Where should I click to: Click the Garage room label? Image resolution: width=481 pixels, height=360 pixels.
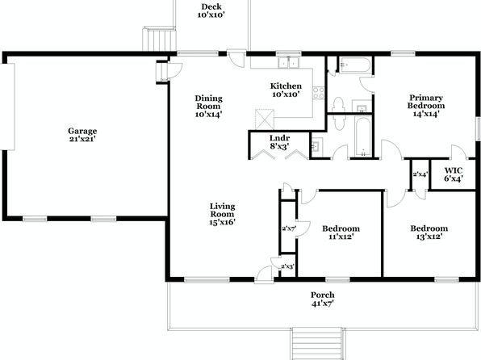(x=82, y=135)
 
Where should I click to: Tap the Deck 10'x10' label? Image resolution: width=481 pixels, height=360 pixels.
(x=211, y=10)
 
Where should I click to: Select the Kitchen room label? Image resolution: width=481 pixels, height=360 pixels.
(x=286, y=90)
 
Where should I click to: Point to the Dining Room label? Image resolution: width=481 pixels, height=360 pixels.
(x=208, y=107)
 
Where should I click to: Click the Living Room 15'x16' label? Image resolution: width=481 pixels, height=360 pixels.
(x=223, y=214)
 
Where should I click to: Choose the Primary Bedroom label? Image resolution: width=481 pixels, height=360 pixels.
(x=426, y=106)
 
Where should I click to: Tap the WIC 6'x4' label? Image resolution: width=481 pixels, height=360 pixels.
(x=454, y=174)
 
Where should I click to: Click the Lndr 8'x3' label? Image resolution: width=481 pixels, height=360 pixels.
(x=279, y=142)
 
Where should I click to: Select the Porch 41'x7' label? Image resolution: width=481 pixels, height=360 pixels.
(x=323, y=299)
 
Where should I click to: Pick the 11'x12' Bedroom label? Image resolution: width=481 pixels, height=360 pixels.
(x=341, y=232)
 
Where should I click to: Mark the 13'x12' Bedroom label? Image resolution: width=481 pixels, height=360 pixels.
(x=429, y=232)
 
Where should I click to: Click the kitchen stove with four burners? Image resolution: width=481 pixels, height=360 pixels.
(x=319, y=93)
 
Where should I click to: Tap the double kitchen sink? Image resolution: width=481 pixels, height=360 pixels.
(x=289, y=62)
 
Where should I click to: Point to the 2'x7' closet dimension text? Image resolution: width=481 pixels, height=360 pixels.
(x=288, y=228)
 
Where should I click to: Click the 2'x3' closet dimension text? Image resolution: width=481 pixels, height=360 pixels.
(x=288, y=266)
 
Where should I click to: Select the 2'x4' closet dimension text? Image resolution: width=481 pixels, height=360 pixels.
(x=420, y=174)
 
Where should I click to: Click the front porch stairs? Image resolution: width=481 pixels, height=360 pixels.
(x=318, y=344)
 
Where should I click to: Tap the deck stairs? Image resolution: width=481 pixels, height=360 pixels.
(x=159, y=40)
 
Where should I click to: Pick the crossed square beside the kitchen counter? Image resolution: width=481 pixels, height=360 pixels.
(x=265, y=119)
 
